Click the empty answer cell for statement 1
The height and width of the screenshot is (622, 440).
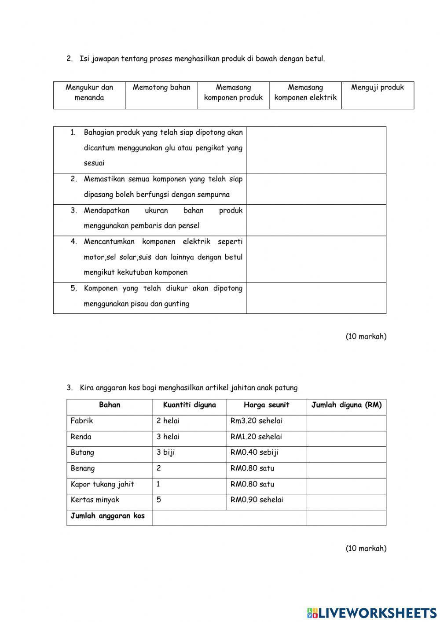click(316, 150)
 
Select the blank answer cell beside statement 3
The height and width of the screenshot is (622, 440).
click(316, 220)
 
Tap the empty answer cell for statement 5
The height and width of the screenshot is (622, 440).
click(316, 298)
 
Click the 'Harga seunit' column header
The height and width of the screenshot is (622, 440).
click(266, 405)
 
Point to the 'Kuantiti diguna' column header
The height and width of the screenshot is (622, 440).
click(189, 405)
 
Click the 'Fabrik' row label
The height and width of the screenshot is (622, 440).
click(82, 421)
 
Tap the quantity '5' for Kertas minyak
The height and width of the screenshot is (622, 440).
click(159, 500)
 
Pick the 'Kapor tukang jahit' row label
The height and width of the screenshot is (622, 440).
click(102, 484)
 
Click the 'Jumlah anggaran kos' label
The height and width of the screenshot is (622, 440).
click(107, 516)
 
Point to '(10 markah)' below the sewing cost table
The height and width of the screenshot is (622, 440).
click(366, 548)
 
